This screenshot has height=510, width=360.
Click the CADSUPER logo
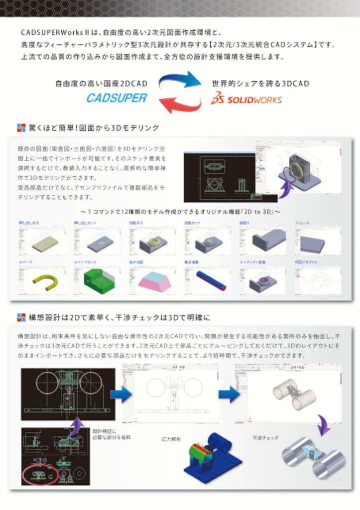pyautogui.click(x=117, y=98)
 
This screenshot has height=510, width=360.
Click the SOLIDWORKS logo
pyautogui.click(x=246, y=99)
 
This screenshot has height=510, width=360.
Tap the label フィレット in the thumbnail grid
pyautogui.click(x=302, y=223)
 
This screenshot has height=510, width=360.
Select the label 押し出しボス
pyautogui.click(x=30, y=223)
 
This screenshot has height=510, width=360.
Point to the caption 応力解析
pyautogui.click(x=171, y=439)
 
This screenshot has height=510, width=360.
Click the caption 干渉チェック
pyautogui.click(x=265, y=438)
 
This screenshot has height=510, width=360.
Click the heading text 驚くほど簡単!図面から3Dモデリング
pyautogui.click(x=94, y=128)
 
